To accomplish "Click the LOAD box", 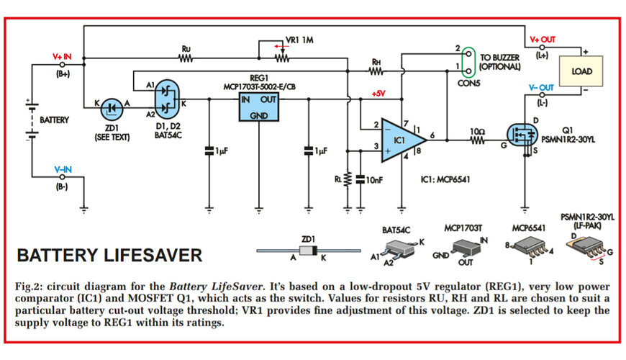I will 581,72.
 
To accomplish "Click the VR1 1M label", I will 301,40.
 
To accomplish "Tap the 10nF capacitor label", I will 374,179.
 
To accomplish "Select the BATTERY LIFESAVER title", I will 109,256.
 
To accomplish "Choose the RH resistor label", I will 376,62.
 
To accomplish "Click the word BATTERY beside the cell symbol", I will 55,120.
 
